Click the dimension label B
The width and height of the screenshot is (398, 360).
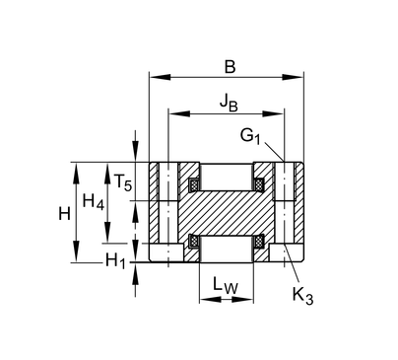(x=230, y=67)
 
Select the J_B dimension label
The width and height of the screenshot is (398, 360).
(x=229, y=103)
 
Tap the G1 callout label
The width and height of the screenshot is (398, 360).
(x=250, y=136)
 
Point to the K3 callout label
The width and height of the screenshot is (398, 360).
(x=302, y=295)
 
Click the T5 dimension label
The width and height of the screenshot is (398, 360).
(x=123, y=182)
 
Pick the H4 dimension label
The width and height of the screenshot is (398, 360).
(x=94, y=201)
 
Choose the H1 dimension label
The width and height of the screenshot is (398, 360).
(x=115, y=260)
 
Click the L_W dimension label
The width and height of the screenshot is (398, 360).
(x=226, y=285)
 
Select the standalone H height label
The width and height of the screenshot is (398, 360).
(x=64, y=214)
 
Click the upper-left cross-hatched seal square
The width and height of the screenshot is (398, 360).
(x=194, y=184)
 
